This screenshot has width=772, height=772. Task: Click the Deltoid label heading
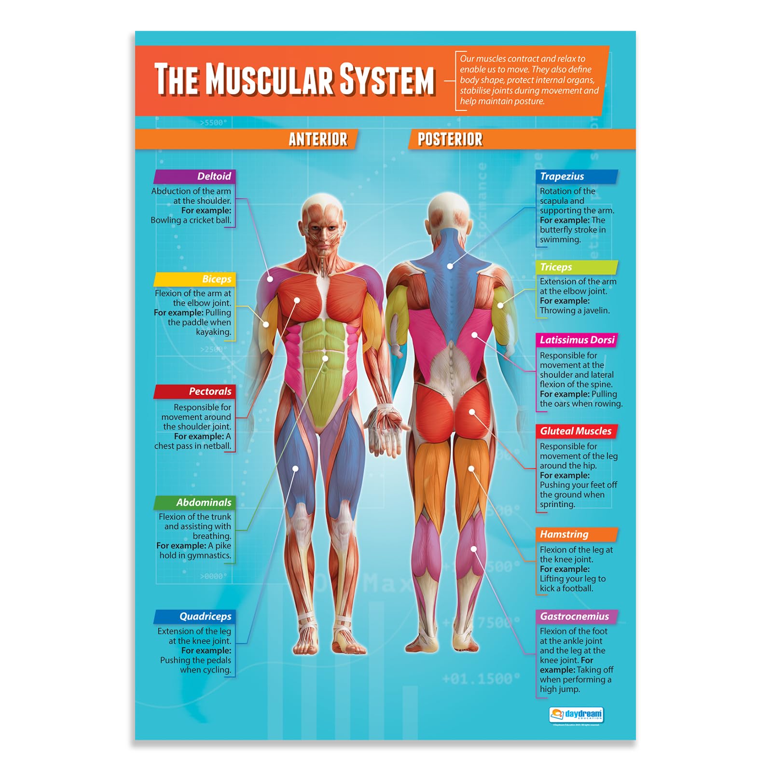(x=214, y=177)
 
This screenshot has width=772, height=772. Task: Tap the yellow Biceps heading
(x=216, y=279)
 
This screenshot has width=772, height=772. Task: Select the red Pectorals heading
(x=210, y=391)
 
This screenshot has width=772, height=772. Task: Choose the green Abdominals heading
(x=204, y=503)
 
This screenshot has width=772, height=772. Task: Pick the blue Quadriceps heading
(x=205, y=617)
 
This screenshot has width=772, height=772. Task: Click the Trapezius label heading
(x=562, y=177)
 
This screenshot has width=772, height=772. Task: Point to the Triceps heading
(x=556, y=267)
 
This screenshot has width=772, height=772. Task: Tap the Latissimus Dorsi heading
(x=577, y=340)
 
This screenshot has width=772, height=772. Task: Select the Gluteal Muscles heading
(x=576, y=431)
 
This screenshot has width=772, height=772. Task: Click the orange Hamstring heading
(x=564, y=535)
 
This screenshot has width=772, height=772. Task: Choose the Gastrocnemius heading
(x=574, y=617)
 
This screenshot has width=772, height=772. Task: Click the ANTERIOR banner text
(x=318, y=139)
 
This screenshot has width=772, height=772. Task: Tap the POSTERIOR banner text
(x=450, y=139)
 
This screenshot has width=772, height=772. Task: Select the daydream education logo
(x=576, y=714)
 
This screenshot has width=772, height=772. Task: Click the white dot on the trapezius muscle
(x=450, y=266)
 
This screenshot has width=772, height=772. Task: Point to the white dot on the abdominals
(x=326, y=358)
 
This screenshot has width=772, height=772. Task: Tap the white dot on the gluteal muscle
(x=472, y=412)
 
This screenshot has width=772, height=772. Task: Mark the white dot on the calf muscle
(x=474, y=549)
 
